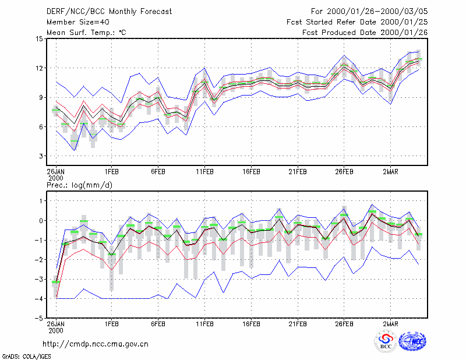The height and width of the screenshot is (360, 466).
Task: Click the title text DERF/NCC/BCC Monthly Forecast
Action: [x=109, y=12]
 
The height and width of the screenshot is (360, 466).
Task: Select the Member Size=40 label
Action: [x=78, y=22]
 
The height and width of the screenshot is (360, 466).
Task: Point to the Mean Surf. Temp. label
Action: [x=86, y=33]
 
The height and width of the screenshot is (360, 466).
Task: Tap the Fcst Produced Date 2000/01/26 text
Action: [x=365, y=33]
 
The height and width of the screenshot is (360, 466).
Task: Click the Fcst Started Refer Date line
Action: [x=357, y=22]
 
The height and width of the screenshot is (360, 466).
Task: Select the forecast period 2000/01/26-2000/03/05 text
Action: [x=369, y=12]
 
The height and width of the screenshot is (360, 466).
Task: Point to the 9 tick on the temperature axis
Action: [x=41, y=97]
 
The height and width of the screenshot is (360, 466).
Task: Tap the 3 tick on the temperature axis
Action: [x=41, y=156]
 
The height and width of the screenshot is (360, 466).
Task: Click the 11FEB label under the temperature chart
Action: [x=204, y=172]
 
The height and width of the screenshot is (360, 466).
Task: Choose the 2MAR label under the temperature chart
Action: [x=390, y=172]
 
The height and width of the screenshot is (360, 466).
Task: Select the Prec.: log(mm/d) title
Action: [x=79, y=185]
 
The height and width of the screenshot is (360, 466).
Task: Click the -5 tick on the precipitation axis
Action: [x=39, y=318]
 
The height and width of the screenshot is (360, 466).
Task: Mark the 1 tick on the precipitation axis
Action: [x=41, y=201]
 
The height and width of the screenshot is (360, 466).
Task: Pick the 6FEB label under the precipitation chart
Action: [x=158, y=324]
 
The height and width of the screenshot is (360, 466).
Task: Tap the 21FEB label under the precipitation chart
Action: [x=298, y=324]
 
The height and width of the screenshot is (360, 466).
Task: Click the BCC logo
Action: [x=386, y=342]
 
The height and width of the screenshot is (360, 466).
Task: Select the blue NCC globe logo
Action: [x=412, y=341]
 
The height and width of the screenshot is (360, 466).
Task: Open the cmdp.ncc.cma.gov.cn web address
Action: [x=96, y=344]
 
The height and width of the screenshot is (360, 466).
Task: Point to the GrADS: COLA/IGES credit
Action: [x=26, y=357]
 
